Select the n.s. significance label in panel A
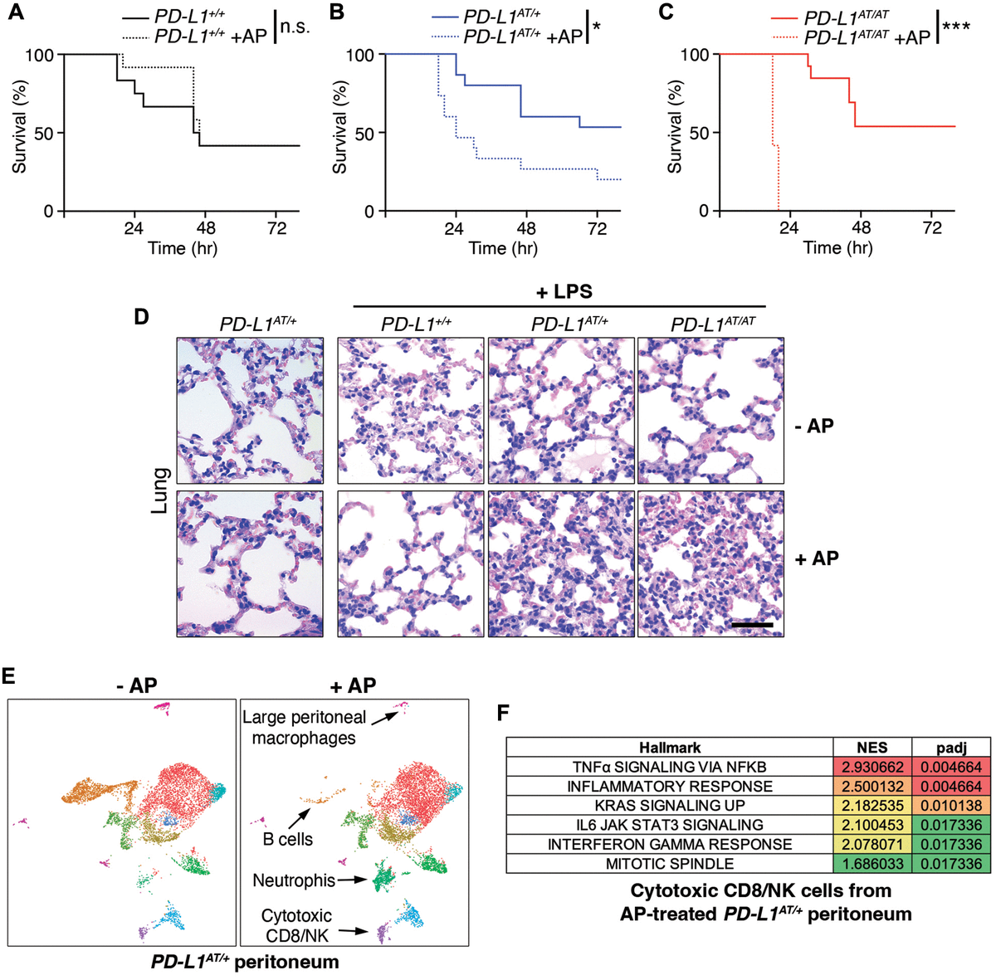295,27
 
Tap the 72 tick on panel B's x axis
597,228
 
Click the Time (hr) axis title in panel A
183,247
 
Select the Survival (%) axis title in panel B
339,127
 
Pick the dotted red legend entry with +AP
838,38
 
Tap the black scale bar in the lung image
752,623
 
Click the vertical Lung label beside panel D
161,490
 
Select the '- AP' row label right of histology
813,427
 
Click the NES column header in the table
872,748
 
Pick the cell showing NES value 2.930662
872,768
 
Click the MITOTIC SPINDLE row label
669,864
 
